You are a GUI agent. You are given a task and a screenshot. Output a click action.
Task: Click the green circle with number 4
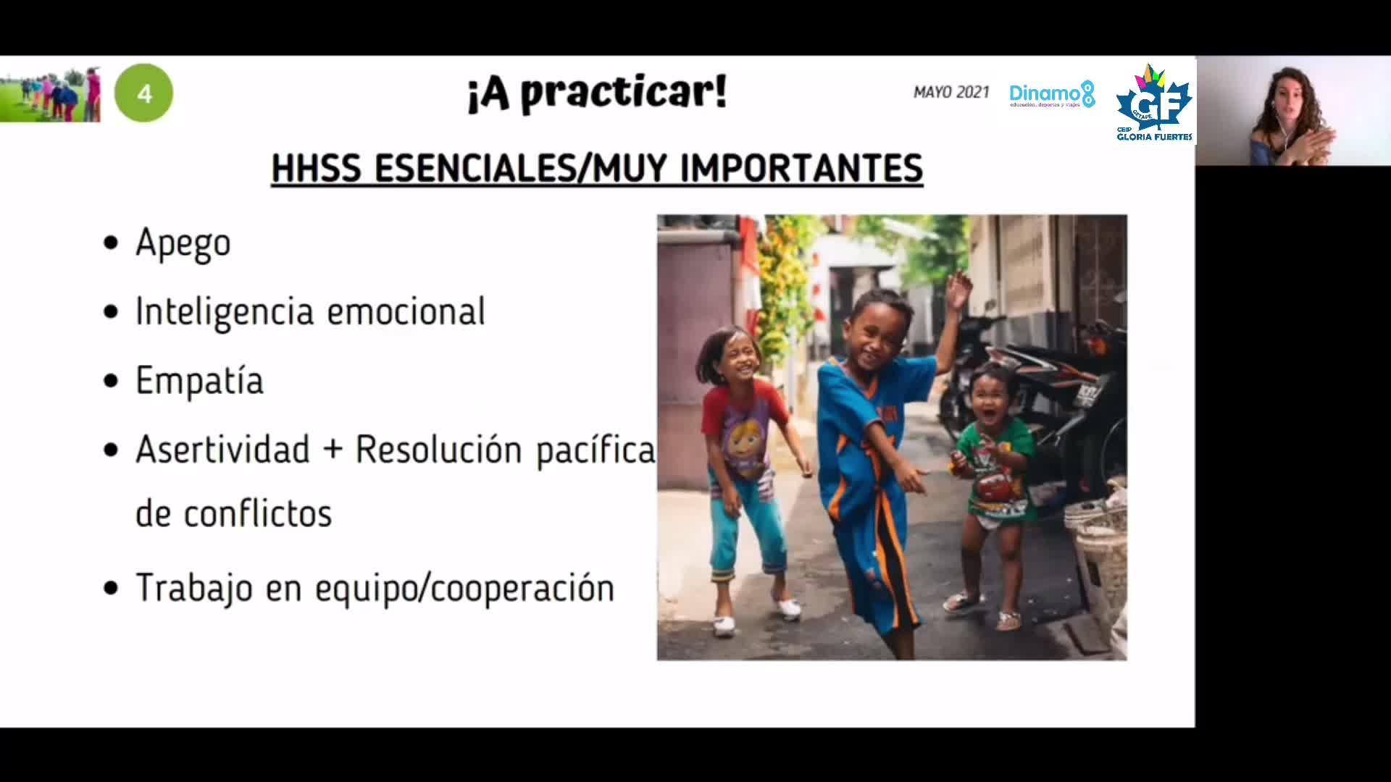pos(143,93)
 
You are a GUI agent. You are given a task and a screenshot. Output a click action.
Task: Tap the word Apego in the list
pos(183,243)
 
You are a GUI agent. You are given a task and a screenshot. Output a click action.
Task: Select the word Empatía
pos(199,380)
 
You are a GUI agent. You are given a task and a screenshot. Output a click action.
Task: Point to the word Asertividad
pos(222,449)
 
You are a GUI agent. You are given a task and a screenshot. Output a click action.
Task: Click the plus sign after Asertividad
pos(333,450)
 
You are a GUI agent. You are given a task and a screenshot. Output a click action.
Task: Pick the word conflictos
pos(257,513)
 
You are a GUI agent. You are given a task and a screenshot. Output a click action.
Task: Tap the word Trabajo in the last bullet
pos(194,587)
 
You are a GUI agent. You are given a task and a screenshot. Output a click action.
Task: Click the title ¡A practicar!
pos(596,93)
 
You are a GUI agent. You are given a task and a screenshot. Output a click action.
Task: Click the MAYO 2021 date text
pos(951,92)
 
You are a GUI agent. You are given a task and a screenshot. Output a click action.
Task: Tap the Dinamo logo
pos(1052,94)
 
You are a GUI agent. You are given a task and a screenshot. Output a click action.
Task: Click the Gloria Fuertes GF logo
pos(1154,103)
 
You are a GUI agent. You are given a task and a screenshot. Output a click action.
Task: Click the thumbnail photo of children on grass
pos(50,93)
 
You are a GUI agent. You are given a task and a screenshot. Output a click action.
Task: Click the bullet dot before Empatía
pos(111,381)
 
